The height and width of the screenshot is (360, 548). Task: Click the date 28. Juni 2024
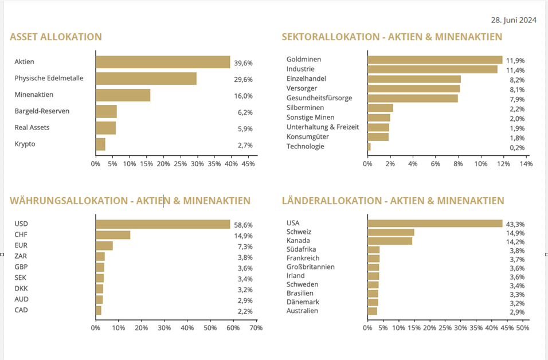[514, 20]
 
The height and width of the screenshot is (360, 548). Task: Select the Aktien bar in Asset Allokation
[163, 62]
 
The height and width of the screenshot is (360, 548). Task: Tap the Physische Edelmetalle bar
[146, 79]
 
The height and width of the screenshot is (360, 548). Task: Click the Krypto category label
[25, 144]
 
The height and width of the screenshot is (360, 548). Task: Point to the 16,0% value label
[243, 96]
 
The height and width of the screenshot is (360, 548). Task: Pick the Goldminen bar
[435, 60]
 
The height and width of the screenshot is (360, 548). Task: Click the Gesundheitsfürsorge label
[319, 98]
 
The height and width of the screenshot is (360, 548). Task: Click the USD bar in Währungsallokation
[163, 224]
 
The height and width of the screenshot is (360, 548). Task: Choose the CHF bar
[113, 235]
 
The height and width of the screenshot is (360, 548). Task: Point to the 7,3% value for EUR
[245, 246]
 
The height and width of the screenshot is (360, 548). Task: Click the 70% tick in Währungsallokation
[256, 328]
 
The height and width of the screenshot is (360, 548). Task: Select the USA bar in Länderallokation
[435, 224]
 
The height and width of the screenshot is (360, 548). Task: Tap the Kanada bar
[390, 241]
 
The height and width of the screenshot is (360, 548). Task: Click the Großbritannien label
[310, 267]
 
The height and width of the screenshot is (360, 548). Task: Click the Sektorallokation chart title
[392, 37]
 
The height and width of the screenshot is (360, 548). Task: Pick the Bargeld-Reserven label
[42, 111]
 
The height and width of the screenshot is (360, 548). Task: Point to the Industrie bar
[432, 69]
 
